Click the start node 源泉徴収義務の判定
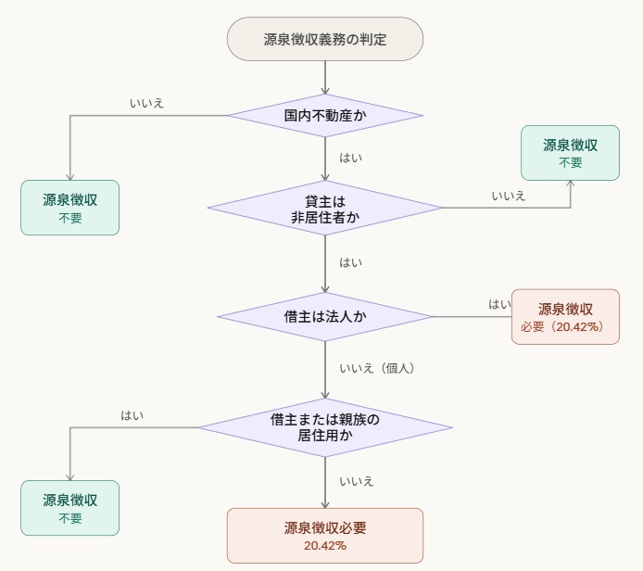[325, 39]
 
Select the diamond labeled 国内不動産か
[325, 116]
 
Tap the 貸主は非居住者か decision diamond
[325, 209]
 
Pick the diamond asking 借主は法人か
[325, 316]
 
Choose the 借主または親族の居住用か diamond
[325, 427]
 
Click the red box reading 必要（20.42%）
[565, 317]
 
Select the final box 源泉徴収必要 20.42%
[325, 536]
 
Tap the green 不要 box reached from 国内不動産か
[70, 208]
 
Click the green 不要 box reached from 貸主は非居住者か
[570, 153]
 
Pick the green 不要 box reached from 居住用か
[70, 508]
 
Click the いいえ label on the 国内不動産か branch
[147, 103]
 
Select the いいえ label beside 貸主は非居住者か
[509, 196]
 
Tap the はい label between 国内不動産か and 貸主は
[351, 158]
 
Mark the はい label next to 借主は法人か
[499, 304]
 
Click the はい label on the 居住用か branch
[132, 415]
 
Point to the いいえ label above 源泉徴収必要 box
[357, 481]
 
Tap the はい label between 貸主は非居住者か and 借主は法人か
[351, 262]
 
